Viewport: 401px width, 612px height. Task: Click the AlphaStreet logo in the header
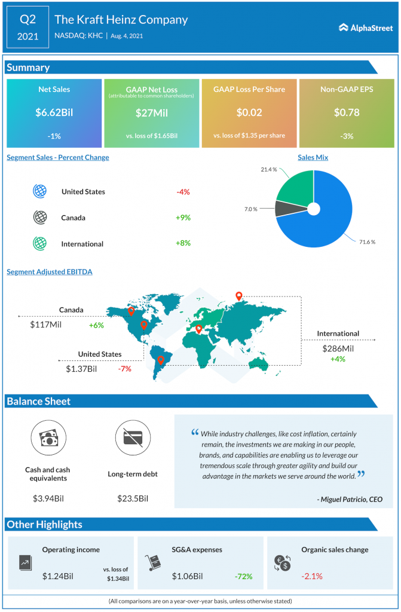click(x=365, y=27)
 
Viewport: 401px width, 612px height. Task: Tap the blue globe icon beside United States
click(x=40, y=191)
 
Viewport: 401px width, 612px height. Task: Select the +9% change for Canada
click(x=183, y=218)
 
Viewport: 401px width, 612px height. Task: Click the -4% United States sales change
click(x=183, y=192)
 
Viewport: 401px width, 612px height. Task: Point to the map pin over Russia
click(x=238, y=295)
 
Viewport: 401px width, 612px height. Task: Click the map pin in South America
click(x=160, y=360)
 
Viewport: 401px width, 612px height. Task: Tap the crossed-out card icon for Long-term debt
click(x=132, y=438)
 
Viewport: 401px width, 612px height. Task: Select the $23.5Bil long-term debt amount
click(x=132, y=498)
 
